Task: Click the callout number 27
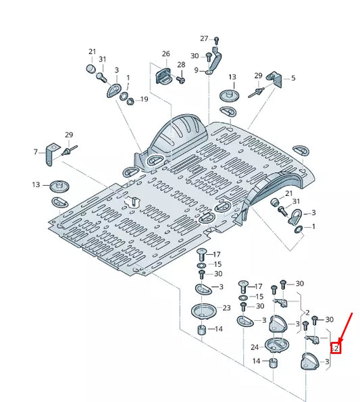(x=204, y=39)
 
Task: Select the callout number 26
(x=165, y=53)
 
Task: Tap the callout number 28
(x=181, y=65)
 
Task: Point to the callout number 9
(x=196, y=70)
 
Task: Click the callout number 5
(x=293, y=78)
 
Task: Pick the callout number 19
(x=143, y=99)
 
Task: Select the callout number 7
(x=36, y=153)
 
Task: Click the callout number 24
(x=255, y=347)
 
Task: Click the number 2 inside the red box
(x=335, y=349)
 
